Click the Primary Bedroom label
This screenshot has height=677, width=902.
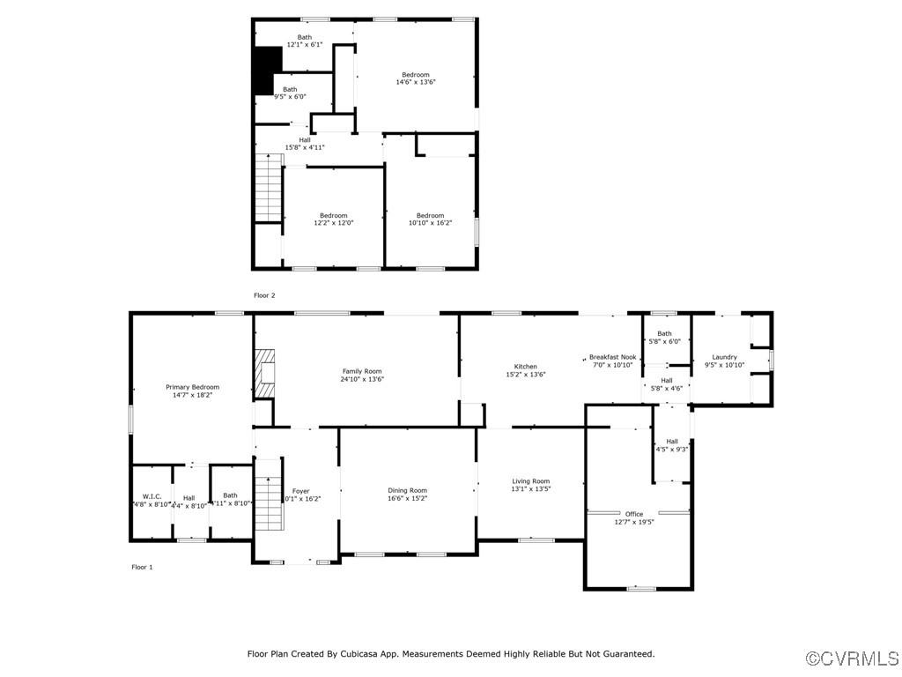click(x=192, y=387)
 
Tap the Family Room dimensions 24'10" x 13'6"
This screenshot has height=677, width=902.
click(x=362, y=379)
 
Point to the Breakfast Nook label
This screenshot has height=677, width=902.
click(x=612, y=357)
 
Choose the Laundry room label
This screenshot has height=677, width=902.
click(x=724, y=357)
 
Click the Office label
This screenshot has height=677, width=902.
click(x=634, y=514)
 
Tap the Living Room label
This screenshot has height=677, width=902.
click(x=530, y=481)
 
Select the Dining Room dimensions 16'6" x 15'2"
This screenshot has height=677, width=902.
click(x=407, y=498)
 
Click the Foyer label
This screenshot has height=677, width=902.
click(x=301, y=491)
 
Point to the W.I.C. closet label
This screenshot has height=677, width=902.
click(x=152, y=496)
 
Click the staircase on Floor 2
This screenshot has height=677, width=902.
click(x=268, y=187)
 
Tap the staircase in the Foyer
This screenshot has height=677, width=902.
click(x=268, y=502)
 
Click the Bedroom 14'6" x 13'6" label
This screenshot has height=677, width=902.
click(x=416, y=75)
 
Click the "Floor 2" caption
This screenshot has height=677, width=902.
click(x=264, y=295)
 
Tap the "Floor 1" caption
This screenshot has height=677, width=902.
click(x=142, y=567)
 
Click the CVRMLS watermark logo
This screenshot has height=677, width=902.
click(x=853, y=658)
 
